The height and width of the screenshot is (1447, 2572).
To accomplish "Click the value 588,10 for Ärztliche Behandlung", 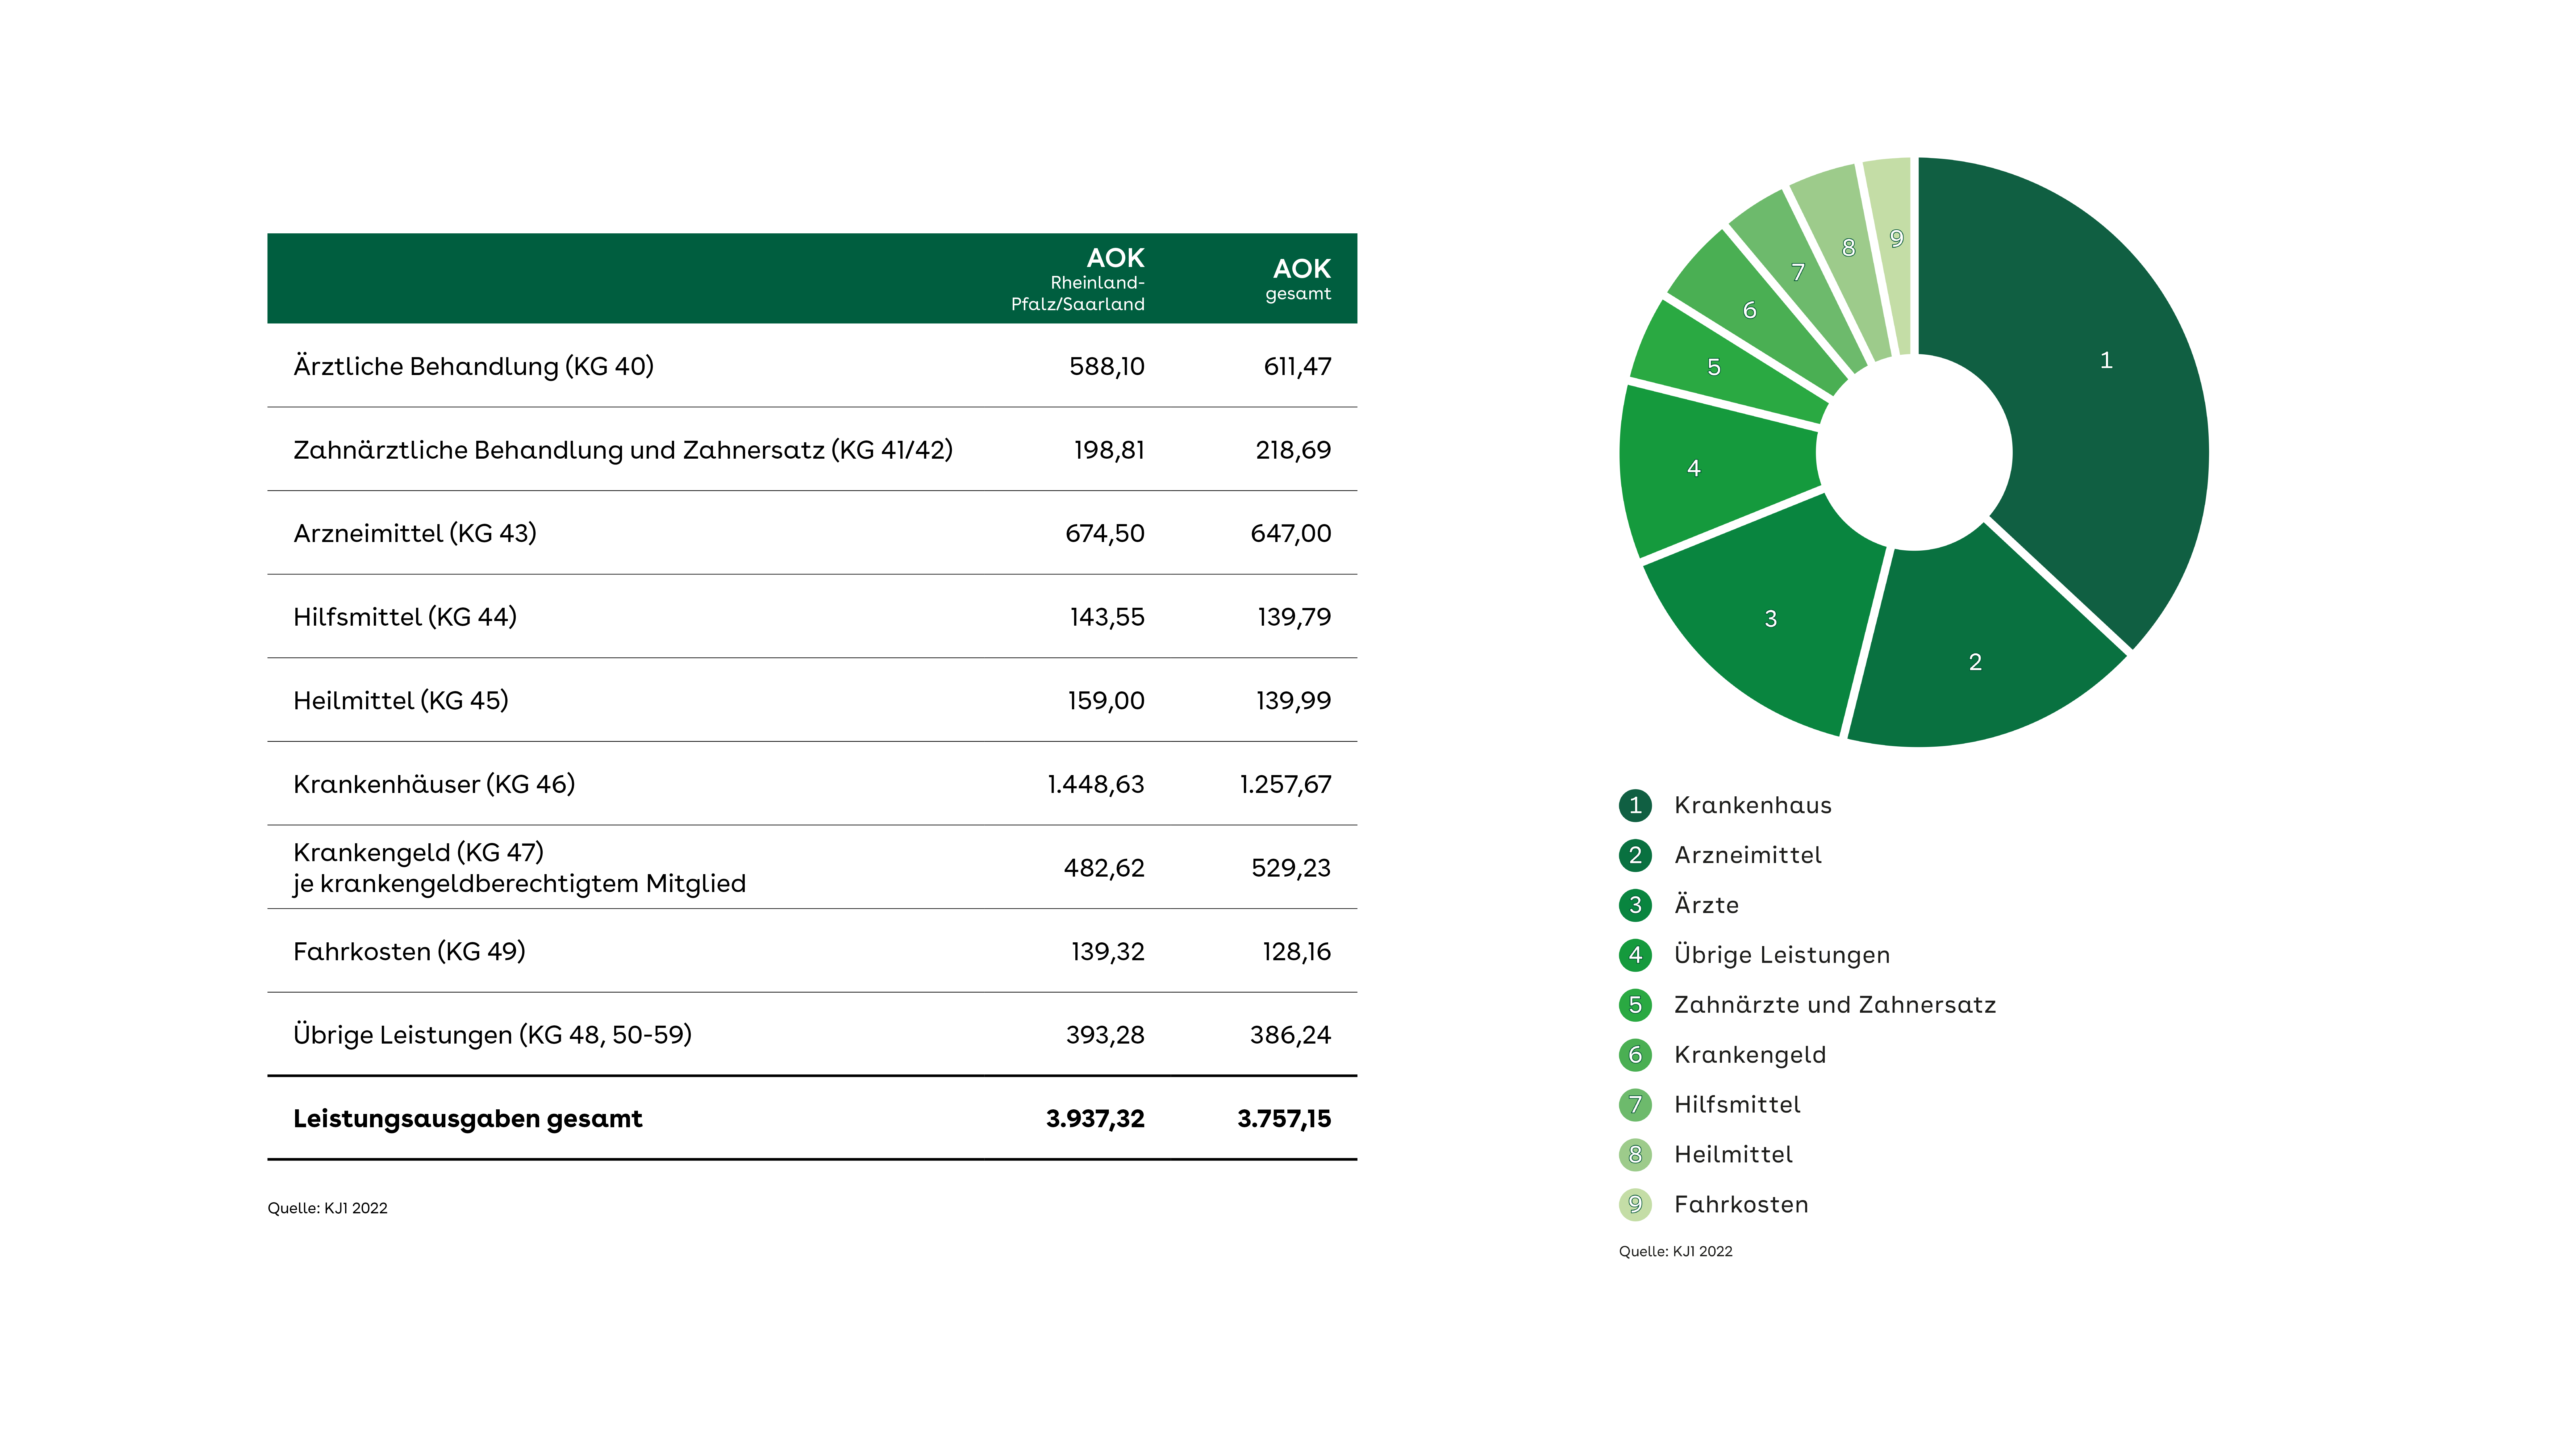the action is point(1106,366).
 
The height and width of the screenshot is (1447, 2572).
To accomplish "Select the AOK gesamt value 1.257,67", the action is point(1285,784).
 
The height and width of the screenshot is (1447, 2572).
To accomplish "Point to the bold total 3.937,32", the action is point(1095,1119).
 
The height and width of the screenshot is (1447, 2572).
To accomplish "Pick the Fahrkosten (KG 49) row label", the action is point(409,952).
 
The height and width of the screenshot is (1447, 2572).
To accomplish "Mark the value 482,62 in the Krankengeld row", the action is point(1104,868).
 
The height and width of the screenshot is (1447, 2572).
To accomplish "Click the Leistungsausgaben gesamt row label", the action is point(467,1119).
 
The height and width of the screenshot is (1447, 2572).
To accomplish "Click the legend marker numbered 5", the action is point(1636,1005).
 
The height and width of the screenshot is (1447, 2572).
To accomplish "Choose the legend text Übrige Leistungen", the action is point(1782,955).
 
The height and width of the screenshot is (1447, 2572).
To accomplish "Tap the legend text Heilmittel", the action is point(1733,1154).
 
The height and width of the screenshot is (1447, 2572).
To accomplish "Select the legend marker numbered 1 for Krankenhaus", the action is point(1636,805).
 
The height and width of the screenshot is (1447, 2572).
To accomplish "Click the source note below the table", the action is point(327,1208).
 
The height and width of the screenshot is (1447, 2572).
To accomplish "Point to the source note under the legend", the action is point(1675,1251).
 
